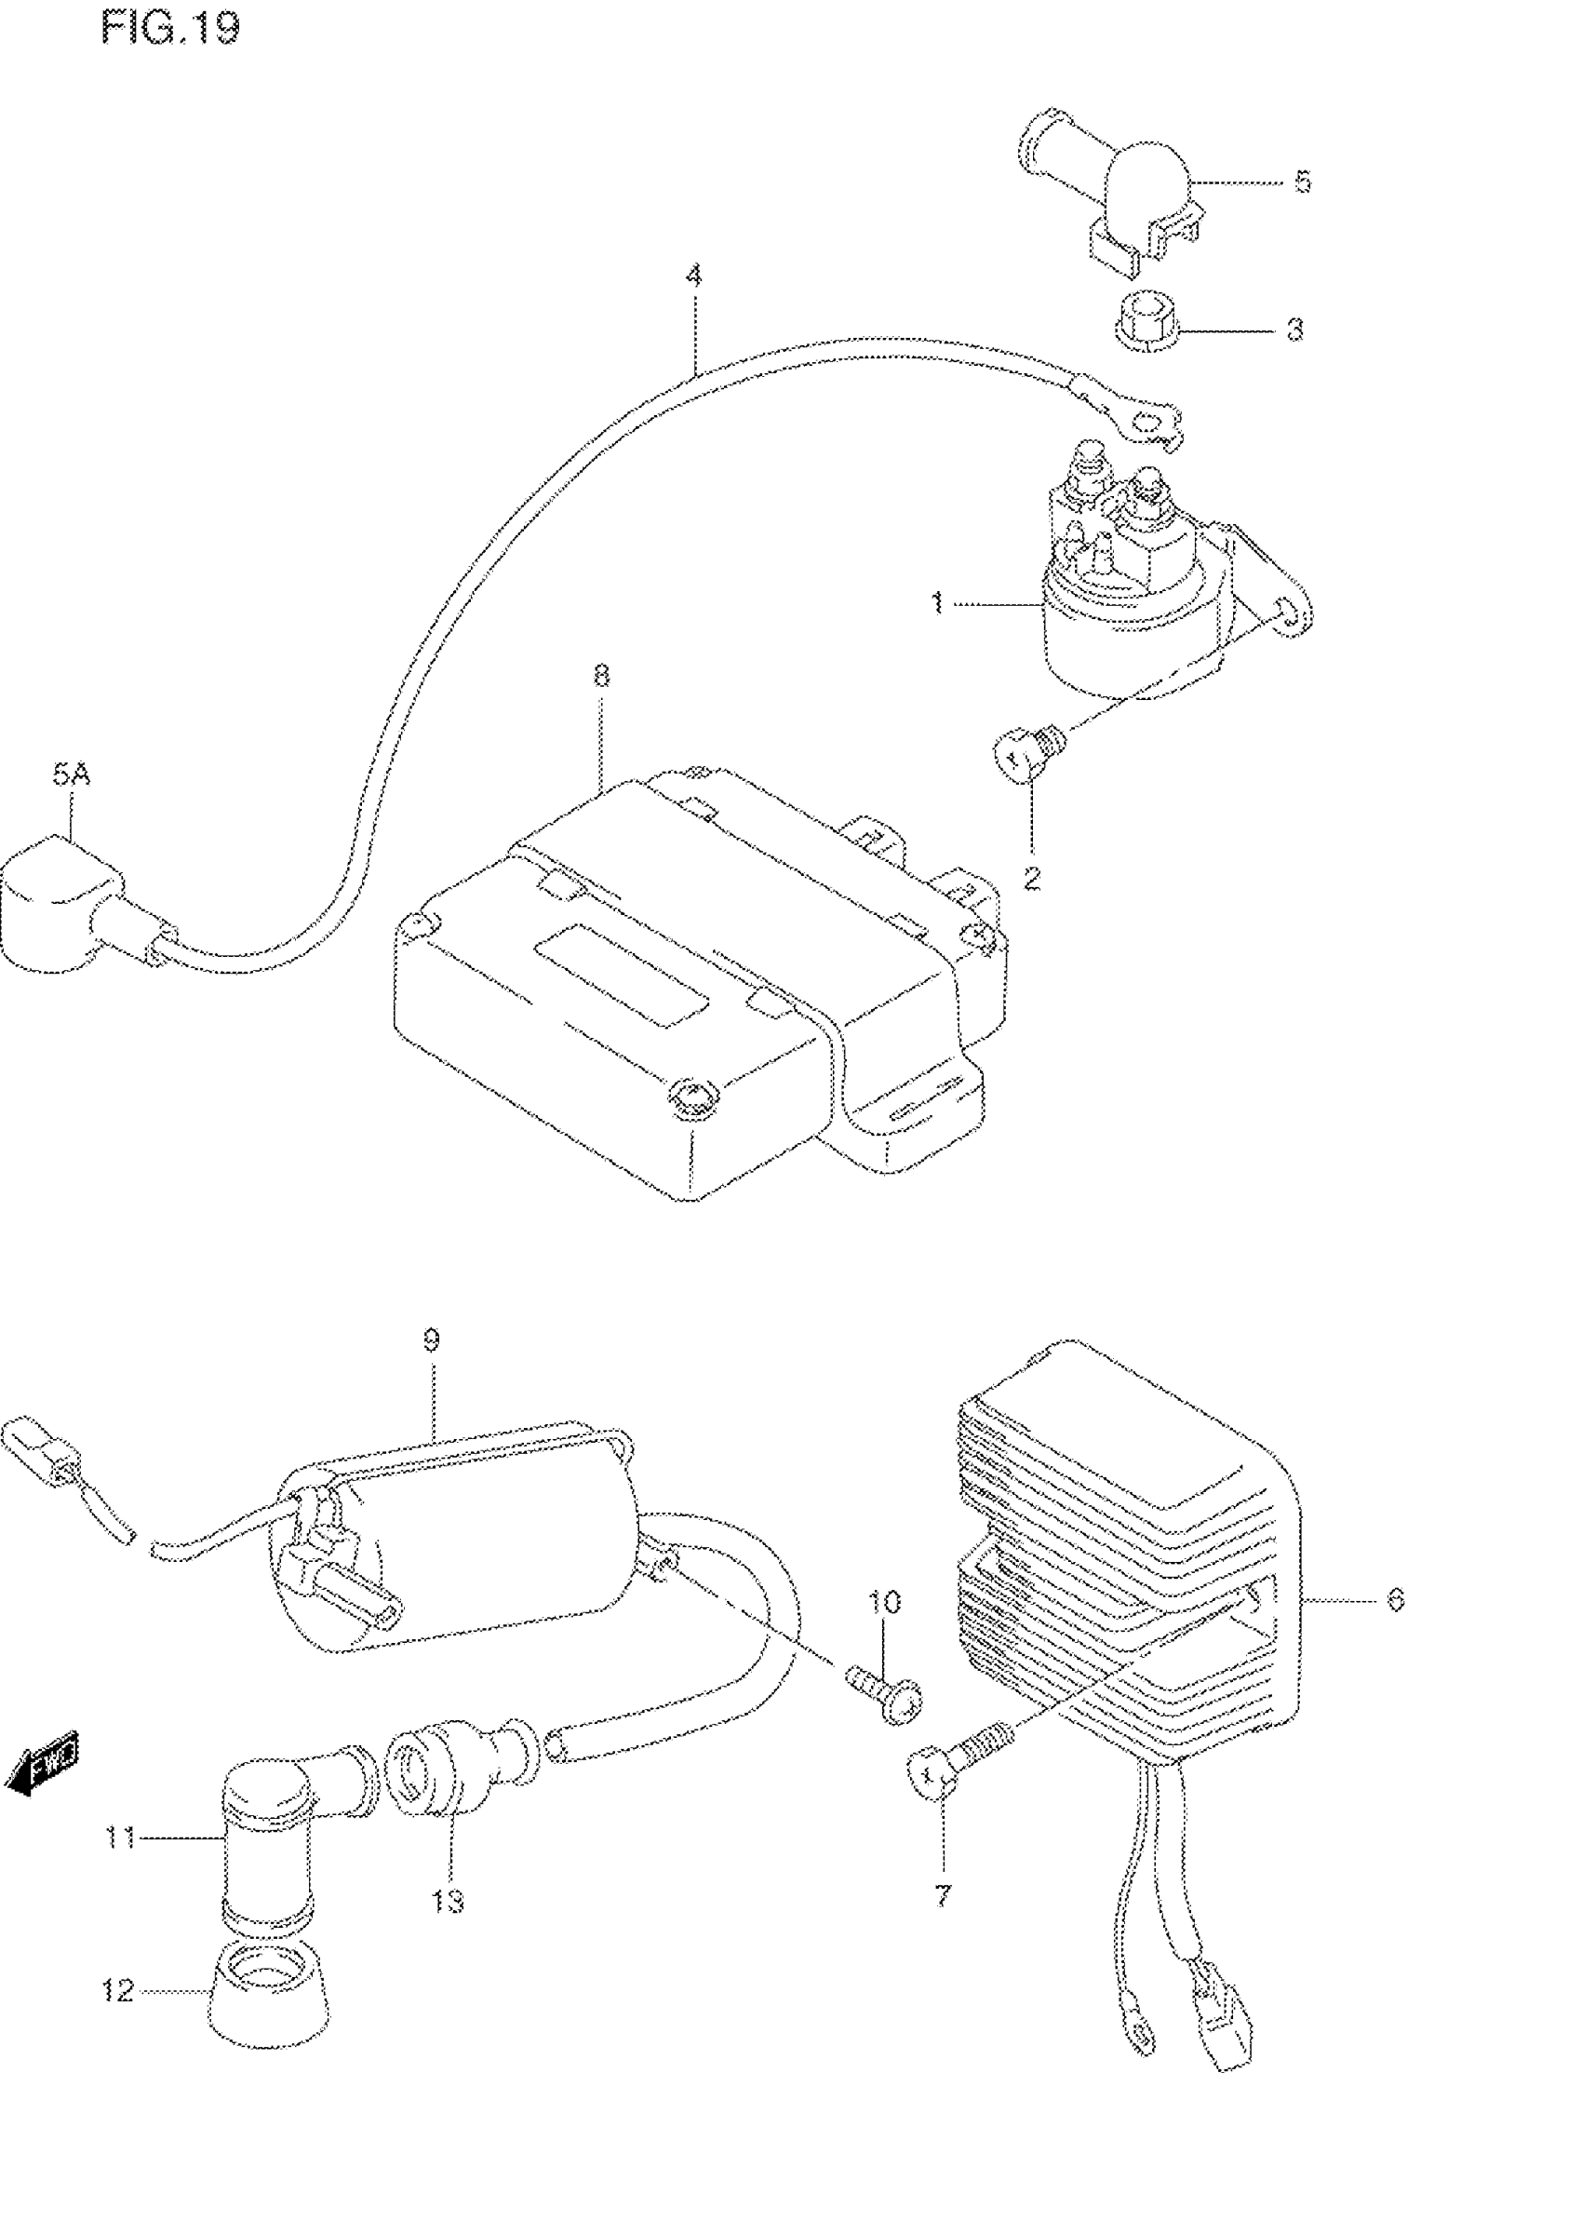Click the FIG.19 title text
[x=169, y=28]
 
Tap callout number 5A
[x=71, y=775]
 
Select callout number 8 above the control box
[x=601, y=675]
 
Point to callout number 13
[x=449, y=1901]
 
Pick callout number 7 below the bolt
[x=942, y=1895]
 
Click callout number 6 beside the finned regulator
[x=1395, y=1599]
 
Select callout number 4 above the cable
[x=692, y=276]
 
